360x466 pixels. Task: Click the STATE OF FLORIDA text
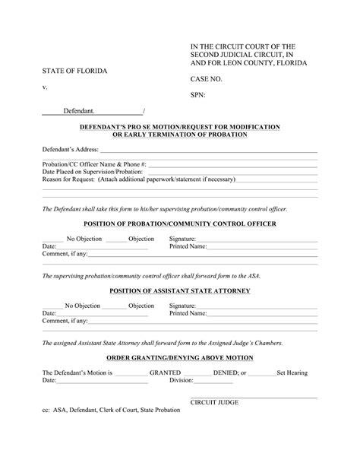pyautogui.click(x=74, y=71)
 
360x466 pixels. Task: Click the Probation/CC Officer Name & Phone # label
pyautogui.click(x=94, y=164)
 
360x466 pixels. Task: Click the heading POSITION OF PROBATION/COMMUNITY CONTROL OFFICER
pyautogui.click(x=179, y=223)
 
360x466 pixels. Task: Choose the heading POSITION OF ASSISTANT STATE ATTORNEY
pyautogui.click(x=179, y=290)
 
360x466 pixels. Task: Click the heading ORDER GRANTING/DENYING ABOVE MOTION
pyautogui.click(x=179, y=357)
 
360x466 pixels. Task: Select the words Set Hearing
pyautogui.click(x=296, y=373)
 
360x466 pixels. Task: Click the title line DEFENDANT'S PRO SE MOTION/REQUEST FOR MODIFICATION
pyautogui.click(x=179, y=126)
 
